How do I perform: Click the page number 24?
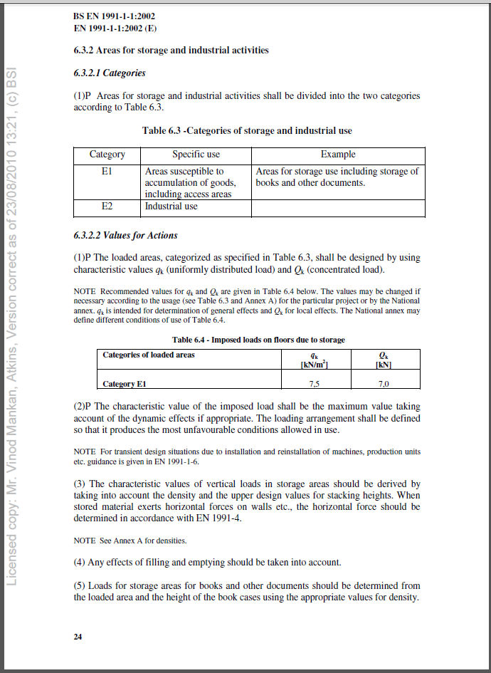point(78,637)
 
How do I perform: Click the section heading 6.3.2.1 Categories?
point(109,73)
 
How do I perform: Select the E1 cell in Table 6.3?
point(107,172)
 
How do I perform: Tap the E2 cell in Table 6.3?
point(107,207)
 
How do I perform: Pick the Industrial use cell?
point(171,207)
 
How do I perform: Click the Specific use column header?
point(196,155)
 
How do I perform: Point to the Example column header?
point(338,155)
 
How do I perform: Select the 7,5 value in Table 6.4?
point(314,384)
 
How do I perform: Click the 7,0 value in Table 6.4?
point(384,384)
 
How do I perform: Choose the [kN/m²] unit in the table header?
point(314,365)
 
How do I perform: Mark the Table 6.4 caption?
point(258,340)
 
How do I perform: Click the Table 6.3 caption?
point(247,131)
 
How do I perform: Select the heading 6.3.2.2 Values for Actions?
point(125,235)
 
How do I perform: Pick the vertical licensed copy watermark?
point(11,328)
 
